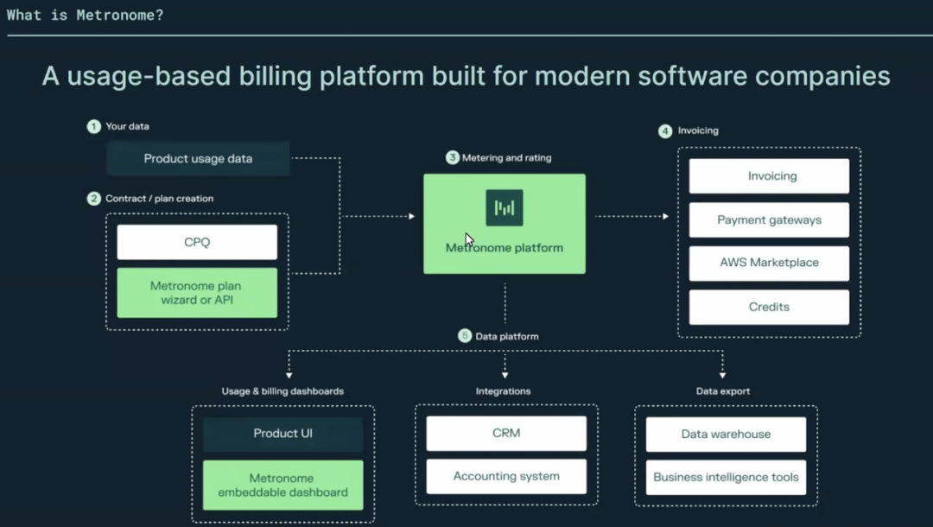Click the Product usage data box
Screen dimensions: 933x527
click(198, 159)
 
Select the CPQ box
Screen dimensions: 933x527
click(197, 242)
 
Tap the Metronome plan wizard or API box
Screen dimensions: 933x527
click(197, 293)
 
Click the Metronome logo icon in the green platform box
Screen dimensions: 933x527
click(505, 207)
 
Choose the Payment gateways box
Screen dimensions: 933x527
click(770, 220)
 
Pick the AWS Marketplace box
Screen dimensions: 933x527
click(770, 263)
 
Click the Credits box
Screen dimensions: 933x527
click(770, 307)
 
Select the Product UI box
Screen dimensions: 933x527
click(283, 434)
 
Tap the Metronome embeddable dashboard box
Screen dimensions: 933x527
click(283, 486)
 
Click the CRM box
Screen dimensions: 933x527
click(506, 433)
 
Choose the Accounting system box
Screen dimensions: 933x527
click(506, 476)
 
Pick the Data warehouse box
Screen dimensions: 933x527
click(726, 435)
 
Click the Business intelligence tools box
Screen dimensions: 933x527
click(726, 477)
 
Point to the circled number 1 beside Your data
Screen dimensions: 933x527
click(93, 126)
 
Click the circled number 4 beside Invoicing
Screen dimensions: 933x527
click(665, 130)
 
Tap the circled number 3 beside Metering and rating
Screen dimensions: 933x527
click(452, 157)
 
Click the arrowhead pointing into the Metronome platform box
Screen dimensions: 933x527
click(412, 216)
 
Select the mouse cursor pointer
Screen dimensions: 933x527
click(469, 240)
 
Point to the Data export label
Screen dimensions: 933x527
click(723, 391)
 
